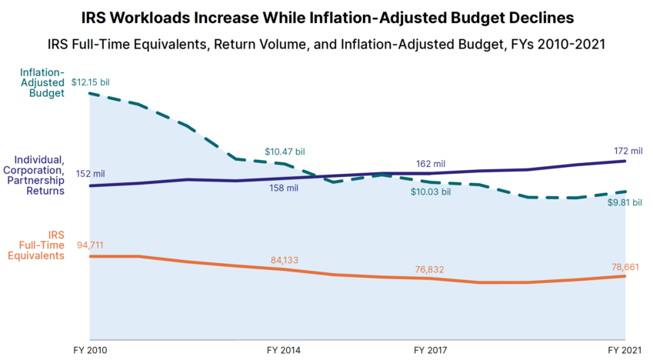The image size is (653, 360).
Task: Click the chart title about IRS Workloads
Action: pos(326,16)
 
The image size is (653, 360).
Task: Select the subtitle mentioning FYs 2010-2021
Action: pos(326,43)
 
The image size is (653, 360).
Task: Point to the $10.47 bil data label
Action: pos(285,152)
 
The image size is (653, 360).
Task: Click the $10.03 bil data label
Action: pos(430,191)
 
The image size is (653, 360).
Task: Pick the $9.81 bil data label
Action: pos(623,204)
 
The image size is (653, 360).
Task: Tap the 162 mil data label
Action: pos(431,163)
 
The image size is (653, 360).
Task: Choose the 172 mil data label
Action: pos(624,148)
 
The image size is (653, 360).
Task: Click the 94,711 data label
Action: pos(90,245)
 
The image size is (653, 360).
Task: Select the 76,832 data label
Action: pos(431,269)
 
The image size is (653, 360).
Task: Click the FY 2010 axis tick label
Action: pos(91,349)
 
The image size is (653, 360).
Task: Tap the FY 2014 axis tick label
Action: pos(284,349)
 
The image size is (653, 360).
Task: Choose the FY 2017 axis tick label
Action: pos(431,349)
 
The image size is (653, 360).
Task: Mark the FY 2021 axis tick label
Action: pos(624,349)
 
